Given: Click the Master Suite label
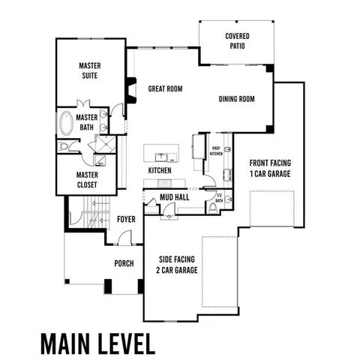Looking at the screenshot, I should (x=90, y=70).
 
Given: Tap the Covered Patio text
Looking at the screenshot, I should (x=237, y=41).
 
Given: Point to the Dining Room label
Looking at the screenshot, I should (x=237, y=99).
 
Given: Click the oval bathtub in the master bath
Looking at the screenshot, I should (x=66, y=121).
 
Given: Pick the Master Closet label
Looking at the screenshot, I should (x=87, y=180).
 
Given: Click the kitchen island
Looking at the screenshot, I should (x=161, y=154).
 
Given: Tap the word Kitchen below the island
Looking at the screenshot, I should (x=160, y=171).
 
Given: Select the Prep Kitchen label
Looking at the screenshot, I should (x=215, y=151).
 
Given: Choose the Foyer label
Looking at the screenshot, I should (x=125, y=219).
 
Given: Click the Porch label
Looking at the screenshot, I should (x=124, y=263).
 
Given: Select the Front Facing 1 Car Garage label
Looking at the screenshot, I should (x=271, y=168).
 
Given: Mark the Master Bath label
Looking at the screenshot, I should (x=87, y=121).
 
